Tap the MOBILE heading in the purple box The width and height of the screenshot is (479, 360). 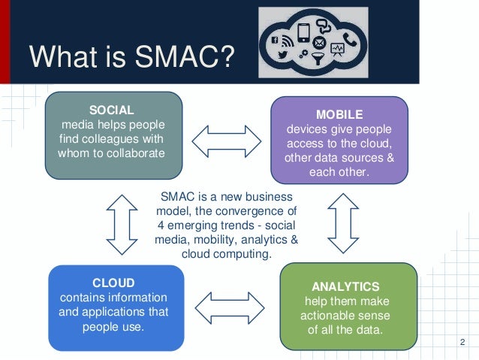point(339,115)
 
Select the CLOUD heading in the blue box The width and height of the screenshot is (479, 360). point(113,283)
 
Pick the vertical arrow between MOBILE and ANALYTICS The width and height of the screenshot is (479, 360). point(344,222)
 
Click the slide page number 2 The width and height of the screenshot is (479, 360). point(462,343)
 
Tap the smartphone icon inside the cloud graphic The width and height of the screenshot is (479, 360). point(304,32)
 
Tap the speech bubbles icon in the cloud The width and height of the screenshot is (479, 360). point(324,26)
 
